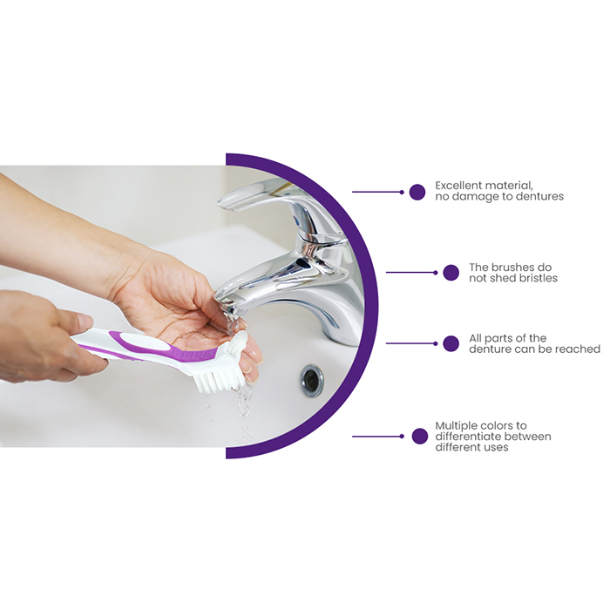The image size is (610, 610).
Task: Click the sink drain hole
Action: pos(312,381)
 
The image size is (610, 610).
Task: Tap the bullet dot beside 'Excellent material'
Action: pos(417,193)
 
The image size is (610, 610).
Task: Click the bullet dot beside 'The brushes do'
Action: pos(451,273)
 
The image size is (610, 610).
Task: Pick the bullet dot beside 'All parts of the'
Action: pos(451,343)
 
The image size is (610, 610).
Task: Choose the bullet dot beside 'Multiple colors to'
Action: pos(420,437)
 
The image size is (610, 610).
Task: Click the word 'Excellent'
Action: pos(457,186)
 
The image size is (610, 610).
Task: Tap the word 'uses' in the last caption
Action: pos(496,447)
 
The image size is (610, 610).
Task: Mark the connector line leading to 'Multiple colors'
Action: pos(377,437)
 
